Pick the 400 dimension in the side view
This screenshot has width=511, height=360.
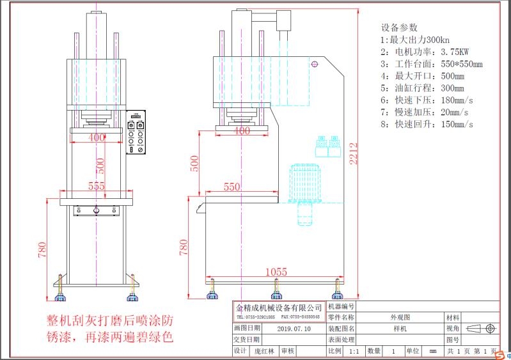click(x=241, y=130)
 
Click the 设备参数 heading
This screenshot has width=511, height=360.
click(x=399, y=27)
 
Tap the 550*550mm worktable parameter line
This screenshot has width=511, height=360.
click(x=431, y=64)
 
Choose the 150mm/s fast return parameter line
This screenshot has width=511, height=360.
click(x=427, y=124)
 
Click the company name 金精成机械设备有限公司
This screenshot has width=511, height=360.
click(x=278, y=308)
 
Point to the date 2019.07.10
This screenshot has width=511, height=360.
click(x=295, y=329)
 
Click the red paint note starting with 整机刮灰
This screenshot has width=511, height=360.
click(x=109, y=327)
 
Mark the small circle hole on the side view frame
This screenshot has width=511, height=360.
click(x=314, y=64)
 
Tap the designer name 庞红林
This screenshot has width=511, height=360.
click(x=263, y=351)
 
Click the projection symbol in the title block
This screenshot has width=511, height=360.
click(x=482, y=329)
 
